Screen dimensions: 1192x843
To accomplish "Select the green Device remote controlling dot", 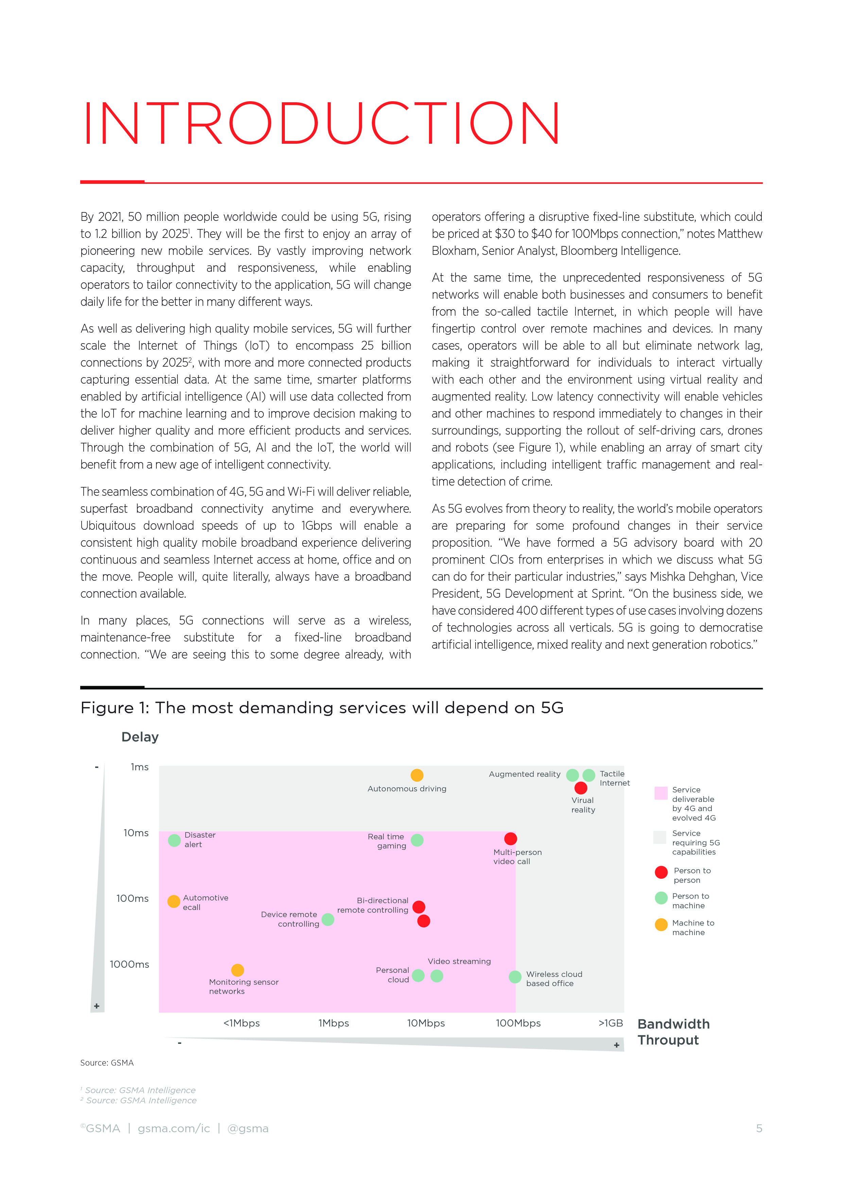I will tap(328, 919).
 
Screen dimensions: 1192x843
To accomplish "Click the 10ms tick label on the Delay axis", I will tap(136, 833).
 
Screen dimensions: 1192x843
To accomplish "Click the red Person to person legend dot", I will tap(661, 872).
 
